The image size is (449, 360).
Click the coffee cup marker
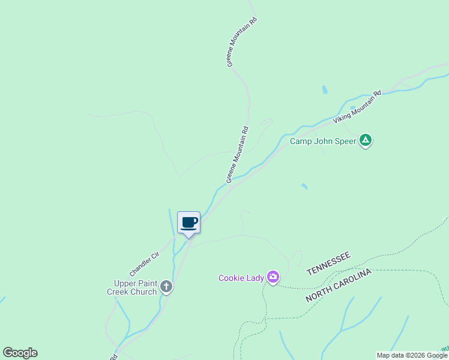(188, 223)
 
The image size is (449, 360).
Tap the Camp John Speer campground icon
(366, 141)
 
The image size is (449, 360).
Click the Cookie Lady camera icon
(273, 277)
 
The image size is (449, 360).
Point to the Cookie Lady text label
(241, 278)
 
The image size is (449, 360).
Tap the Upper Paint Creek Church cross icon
(166, 287)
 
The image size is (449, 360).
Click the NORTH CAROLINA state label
(339, 286)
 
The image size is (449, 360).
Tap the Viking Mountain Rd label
(358, 107)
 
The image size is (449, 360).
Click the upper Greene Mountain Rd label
(242, 41)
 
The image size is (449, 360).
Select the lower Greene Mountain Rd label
(237, 155)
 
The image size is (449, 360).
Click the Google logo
(20, 353)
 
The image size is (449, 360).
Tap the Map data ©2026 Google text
(411, 355)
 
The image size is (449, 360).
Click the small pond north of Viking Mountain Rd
(325, 90)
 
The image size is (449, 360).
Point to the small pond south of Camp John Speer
(304, 187)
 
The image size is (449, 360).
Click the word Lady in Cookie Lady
(254, 278)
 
